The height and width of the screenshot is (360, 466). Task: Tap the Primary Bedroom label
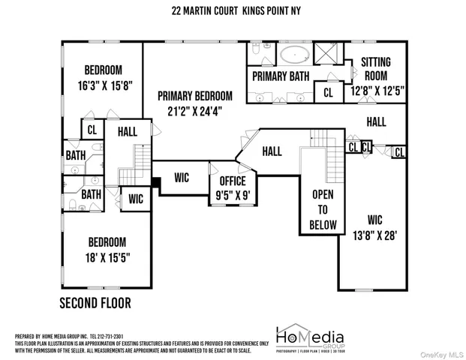pyautogui.click(x=194, y=96)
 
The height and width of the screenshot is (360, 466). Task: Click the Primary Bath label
pyautogui.click(x=281, y=76)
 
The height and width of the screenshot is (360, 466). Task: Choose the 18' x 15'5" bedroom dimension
pyautogui.click(x=107, y=257)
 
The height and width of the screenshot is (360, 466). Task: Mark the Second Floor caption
pyautogui.click(x=95, y=304)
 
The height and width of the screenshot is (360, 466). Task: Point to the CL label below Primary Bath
pyautogui.click(x=328, y=93)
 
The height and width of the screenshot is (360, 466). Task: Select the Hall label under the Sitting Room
pyautogui.click(x=377, y=121)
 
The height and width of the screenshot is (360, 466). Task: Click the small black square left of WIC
pyautogui.click(x=156, y=181)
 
